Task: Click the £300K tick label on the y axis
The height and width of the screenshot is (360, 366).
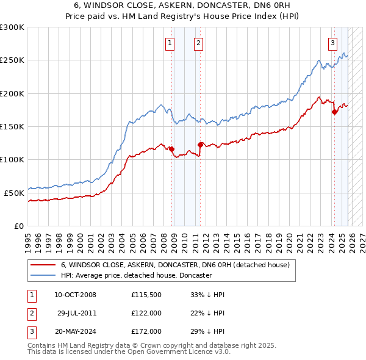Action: [x=12, y=27]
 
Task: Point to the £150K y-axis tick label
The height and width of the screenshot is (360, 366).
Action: [x=12, y=126]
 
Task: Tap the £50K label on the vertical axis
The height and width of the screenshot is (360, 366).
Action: [x=15, y=193]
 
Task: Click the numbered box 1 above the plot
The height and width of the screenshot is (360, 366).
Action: [x=169, y=43]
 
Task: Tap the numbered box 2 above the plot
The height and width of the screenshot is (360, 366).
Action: [x=199, y=43]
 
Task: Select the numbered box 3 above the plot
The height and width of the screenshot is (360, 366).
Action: [x=332, y=43]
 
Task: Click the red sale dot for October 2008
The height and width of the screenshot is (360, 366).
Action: [x=172, y=149]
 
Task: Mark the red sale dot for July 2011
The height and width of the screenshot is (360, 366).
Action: [x=200, y=145]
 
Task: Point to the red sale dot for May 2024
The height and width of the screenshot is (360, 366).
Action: [x=334, y=112]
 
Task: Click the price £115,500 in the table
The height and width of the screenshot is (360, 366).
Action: [x=146, y=295]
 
